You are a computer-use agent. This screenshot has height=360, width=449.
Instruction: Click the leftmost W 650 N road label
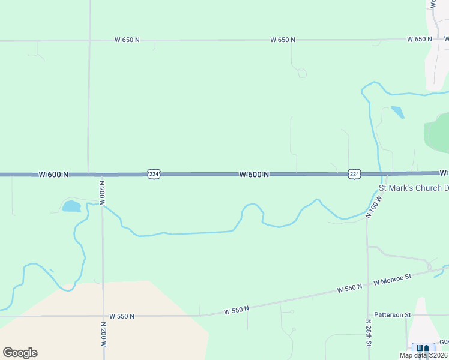coord(127,40)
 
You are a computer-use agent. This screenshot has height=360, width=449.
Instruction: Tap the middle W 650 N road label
coord(283,40)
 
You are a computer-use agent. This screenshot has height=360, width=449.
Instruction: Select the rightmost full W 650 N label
coord(420,39)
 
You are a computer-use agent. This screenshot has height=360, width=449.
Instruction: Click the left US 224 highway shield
coord(154,174)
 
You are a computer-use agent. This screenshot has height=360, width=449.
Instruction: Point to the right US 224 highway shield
coord(354,174)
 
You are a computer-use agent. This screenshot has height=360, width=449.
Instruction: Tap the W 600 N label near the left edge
coord(53,175)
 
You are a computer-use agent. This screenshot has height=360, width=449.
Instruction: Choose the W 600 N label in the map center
coord(253,175)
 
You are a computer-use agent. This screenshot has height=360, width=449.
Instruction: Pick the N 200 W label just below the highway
coord(102,193)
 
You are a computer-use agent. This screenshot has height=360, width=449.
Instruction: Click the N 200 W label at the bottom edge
coord(103,336)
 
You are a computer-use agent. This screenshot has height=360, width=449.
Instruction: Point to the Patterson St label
coord(392,314)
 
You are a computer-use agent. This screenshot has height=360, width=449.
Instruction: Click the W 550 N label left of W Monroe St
coord(349,288)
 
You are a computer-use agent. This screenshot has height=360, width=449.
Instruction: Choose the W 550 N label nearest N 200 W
coord(122,316)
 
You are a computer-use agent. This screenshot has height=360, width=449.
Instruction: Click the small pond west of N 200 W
coord(71,206)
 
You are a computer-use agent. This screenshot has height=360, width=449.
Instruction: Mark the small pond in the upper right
coord(397,112)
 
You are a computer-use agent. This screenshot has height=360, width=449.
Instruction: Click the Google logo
coord(20,353)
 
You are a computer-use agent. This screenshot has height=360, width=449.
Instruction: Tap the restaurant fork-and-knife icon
coord(424,349)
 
